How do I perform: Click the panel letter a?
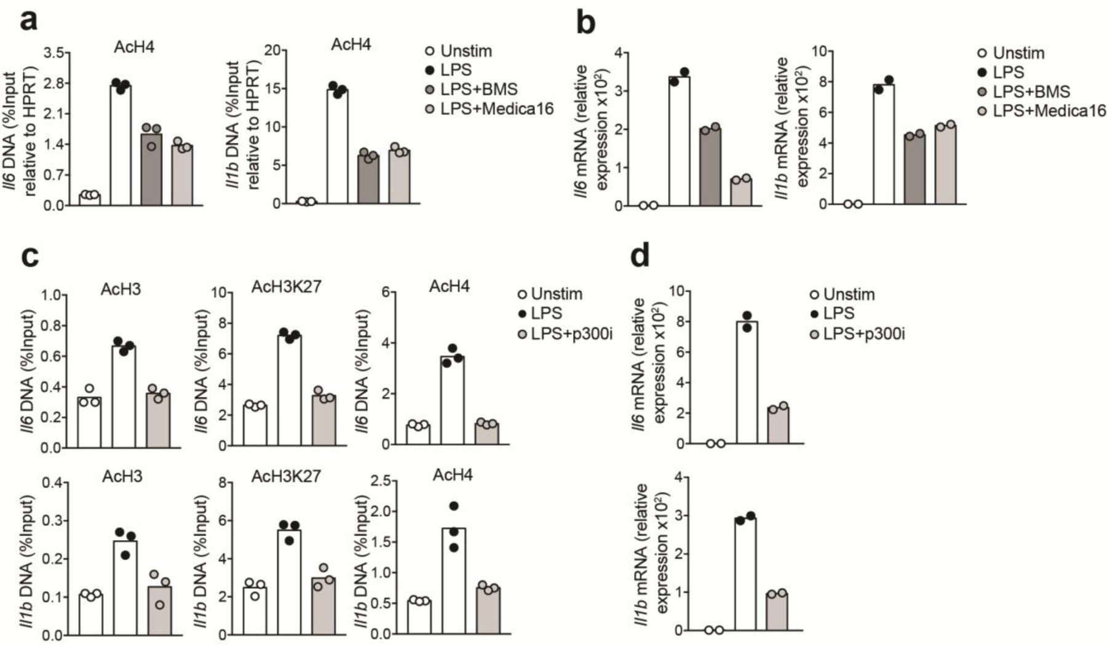28,20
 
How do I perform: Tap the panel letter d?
640,254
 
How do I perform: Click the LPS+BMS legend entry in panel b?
1023,92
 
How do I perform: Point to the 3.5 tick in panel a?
54,53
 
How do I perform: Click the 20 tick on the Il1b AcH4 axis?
271,50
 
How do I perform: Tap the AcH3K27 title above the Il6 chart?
286,287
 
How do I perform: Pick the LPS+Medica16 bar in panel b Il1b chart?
945,164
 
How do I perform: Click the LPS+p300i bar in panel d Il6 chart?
778,425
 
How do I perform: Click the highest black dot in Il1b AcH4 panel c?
454,506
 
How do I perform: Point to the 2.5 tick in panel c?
383,481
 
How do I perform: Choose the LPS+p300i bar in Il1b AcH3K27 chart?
323,606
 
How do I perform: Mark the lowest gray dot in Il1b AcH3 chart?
160,604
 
